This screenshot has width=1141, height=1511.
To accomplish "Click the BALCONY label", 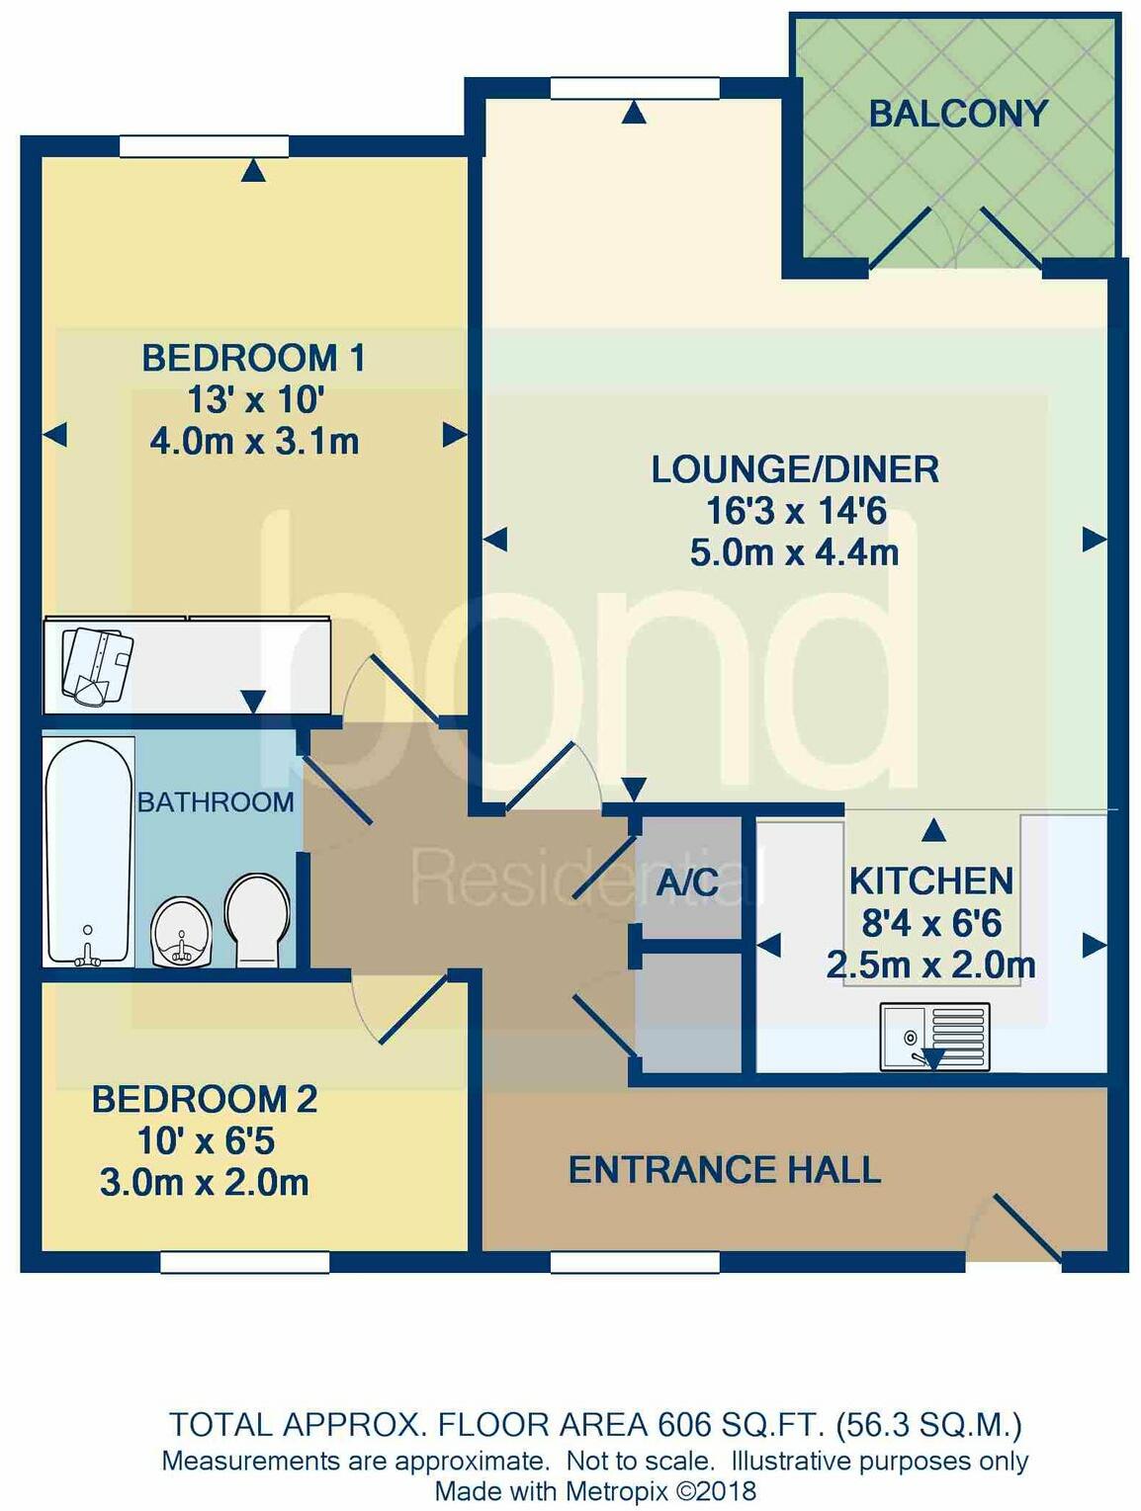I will click(x=957, y=114).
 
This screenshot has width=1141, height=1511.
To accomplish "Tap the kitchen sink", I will click(x=933, y=1037).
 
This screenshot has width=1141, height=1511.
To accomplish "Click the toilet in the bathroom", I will click(x=257, y=919).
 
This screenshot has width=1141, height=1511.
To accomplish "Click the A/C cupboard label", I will click(x=688, y=882).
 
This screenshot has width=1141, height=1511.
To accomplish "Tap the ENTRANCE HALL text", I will click(x=724, y=1170).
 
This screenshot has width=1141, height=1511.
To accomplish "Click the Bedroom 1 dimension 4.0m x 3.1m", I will click(x=254, y=441).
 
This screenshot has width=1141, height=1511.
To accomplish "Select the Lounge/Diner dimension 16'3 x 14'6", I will click(x=795, y=511).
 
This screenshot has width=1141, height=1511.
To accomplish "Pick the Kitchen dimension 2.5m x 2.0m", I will click(x=930, y=965).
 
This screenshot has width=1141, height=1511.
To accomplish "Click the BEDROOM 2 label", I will click(x=205, y=1099).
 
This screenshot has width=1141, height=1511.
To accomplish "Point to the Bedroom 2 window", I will click(x=244, y=1262).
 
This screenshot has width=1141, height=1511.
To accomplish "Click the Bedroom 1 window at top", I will click(x=204, y=147).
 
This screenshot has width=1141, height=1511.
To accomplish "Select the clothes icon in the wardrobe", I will click(x=96, y=664).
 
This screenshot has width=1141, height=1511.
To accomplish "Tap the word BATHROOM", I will click(x=216, y=801).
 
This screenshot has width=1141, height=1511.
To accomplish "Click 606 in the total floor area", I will click(x=684, y=1424).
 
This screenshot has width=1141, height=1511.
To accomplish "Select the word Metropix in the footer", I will click(x=619, y=1490).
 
